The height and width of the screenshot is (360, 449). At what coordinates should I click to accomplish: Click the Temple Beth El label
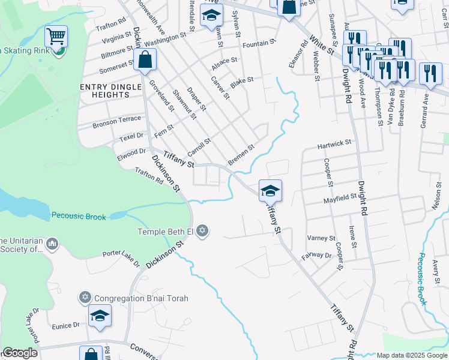pyautogui.click(x=165, y=232)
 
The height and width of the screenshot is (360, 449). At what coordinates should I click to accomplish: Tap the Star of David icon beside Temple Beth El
pyautogui.click(x=203, y=231)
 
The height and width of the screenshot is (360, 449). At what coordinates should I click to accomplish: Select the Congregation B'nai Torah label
pyautogui.click(x=142, y=298)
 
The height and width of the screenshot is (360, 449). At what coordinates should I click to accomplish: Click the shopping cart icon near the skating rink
pyautogui.click(x=56, y=37)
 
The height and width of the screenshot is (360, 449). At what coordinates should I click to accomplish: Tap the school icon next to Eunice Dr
pyautogui.click(x=100, y=316)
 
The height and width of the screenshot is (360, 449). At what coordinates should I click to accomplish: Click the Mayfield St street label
pyautogui.click(x=340, y=199)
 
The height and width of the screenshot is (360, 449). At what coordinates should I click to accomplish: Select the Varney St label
pyautogui.click(x=321, y=238)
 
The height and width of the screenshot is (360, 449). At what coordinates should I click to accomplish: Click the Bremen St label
pyautogui.click(x=241, y=155)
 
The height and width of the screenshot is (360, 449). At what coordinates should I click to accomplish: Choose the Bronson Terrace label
pyautogui.click(x=116, y=124)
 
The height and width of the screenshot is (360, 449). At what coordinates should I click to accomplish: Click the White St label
pyautogui.click(x=321, y=46)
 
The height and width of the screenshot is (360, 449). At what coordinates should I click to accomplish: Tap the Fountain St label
pyautogui.click(x=259, y=43)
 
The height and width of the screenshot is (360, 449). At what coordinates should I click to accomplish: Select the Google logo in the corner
pyautogui.click(x=20, y=353)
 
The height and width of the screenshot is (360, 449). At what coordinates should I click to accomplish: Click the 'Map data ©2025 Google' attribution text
pyautogui.click(x=411, y=355)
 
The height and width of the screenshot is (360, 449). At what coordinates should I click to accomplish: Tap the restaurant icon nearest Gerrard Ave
pyautogui.click(x=430, y=73)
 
